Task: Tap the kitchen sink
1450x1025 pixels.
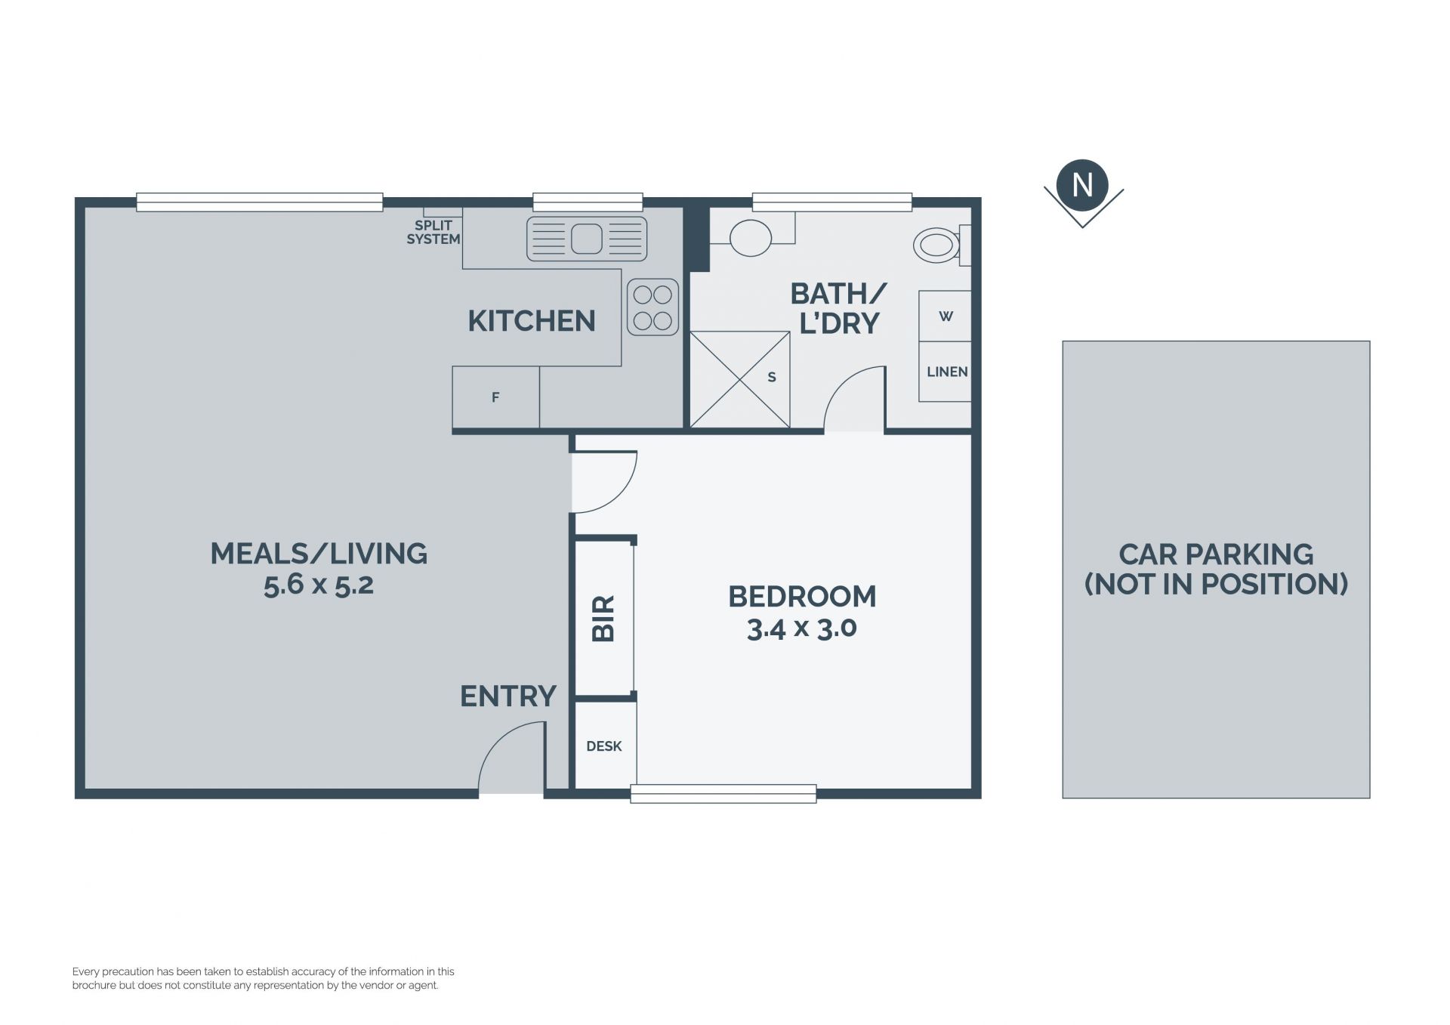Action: pyautogui.click(x=587, y=239)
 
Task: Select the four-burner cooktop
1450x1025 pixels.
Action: pyautogui.click(x=652, y=307)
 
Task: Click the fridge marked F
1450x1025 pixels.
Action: pyautogui.click(x=495, y=397)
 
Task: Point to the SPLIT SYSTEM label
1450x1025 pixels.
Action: pyautogui.click(x=433, y=232)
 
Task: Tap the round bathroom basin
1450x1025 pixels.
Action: pyautogui.click(x=751, y=238)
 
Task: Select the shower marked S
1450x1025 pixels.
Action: pyautogui.click(x=740, y=380)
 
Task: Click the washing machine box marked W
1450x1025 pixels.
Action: pyautogui.click(x=945, y=316)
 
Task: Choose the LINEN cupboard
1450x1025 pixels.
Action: pyautogui.click(x=945, y=372)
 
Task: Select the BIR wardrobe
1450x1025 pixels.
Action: pyautogui.click(x=603, y=619)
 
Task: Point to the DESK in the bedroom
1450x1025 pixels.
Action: pyautogui.click(x=605, y=746)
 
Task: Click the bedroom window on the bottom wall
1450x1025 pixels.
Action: pyautogui.click(x=723, y=793)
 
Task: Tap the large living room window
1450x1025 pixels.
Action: pyautogui.click(x=259, y=202)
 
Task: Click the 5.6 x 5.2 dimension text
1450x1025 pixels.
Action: pyautogui.click(x=319, y=585)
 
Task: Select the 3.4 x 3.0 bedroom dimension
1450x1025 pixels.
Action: pyautogui.click(x=802, y=628)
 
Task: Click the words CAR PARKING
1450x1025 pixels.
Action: pyautogui.click(x=1216, y=554)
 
